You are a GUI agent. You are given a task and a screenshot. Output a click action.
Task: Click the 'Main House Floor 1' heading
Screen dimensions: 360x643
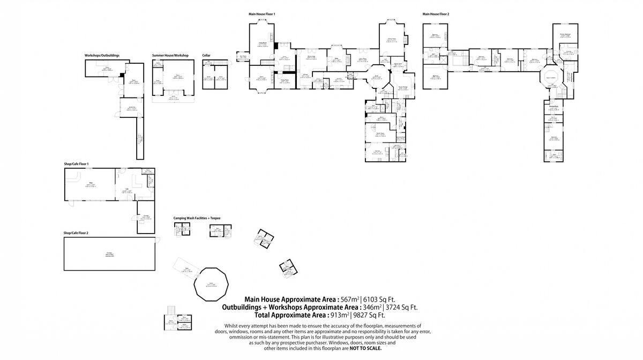261,14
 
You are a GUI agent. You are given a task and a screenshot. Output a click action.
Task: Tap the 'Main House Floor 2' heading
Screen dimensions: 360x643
436,14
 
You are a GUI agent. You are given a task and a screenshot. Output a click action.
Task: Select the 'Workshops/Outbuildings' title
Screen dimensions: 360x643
102,55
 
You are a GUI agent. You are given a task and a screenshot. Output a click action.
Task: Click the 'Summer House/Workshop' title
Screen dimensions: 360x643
170,55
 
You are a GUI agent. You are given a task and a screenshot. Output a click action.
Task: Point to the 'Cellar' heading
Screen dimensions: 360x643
206,55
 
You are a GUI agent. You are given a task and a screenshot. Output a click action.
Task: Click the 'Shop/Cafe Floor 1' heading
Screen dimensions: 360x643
76,163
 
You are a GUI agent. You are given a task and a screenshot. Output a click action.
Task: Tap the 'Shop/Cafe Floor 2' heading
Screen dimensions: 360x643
76,233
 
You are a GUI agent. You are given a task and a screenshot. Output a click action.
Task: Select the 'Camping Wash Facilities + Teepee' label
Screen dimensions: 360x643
197,218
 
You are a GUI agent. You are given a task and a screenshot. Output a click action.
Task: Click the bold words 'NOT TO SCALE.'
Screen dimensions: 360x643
365,349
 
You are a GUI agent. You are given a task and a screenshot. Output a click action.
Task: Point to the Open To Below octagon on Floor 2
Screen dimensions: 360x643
550,77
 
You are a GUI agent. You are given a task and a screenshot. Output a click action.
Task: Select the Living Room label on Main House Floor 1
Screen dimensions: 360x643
263,44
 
